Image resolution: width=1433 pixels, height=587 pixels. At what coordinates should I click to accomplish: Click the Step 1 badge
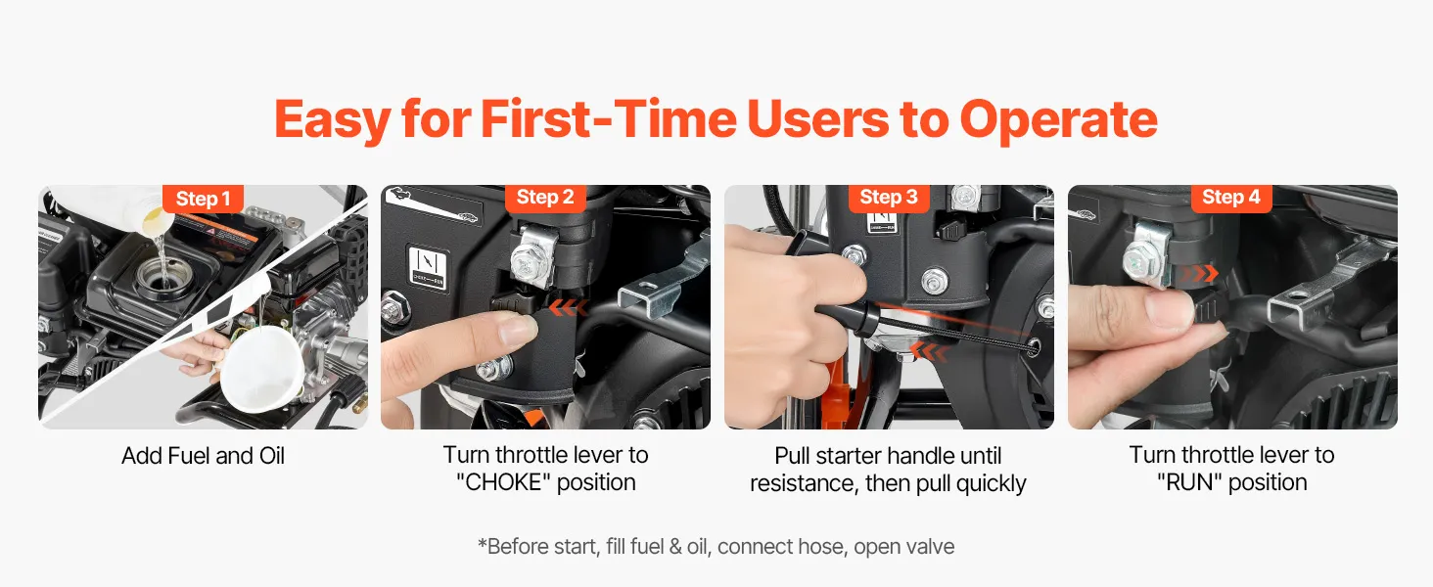click(203, 199)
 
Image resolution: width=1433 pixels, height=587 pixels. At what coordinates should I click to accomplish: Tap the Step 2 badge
click(545, 198)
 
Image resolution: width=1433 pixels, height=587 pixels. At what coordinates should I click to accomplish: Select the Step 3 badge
click(888, 198)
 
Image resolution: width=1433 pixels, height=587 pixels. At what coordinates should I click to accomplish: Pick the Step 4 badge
click(1230, 198)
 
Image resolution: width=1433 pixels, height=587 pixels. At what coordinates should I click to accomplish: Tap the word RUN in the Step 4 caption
click(1189, 482)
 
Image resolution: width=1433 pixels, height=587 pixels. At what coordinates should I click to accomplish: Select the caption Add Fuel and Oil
click(203, 456)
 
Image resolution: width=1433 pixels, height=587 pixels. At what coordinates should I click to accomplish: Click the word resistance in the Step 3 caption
click(803, 483)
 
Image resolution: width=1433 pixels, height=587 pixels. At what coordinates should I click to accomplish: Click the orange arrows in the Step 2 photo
click(568, 308)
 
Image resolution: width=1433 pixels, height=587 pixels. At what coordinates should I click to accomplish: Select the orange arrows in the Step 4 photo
click(1199, 274)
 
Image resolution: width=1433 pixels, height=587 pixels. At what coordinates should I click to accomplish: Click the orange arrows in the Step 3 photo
click(928, 351)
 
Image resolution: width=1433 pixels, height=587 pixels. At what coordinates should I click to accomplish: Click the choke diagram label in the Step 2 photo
click(428, 267)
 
